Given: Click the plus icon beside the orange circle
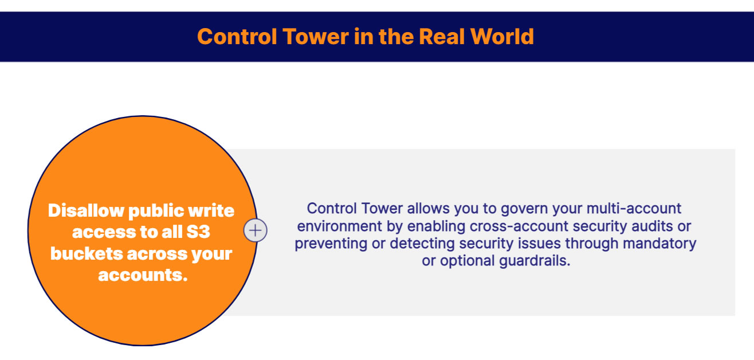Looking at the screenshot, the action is (x=255, y=230).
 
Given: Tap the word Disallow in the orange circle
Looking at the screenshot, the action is (x=86, y=211).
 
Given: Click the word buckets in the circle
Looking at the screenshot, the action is (x=87, y=253).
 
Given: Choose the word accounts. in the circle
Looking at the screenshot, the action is (x=143, y=275).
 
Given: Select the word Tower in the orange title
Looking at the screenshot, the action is (x=315, y=36).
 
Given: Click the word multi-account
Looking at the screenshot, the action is (x=634, y=209).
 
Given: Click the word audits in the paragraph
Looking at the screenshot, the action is (x=653, y=226).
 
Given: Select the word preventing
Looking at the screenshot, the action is (x=331, y=244).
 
